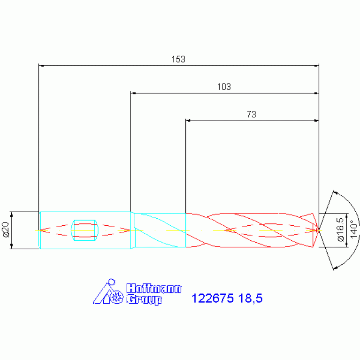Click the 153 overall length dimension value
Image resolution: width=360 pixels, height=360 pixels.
(x=178, y=59)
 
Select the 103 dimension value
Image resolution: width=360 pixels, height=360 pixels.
(x=224, y=87)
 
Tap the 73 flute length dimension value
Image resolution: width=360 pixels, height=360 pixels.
(x=251, y=114)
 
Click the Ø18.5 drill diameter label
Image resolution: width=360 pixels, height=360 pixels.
(x=341, y=230)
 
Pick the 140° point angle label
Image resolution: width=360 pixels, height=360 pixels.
(x=354, y=230)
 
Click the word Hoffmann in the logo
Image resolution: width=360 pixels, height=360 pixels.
(x=154, y=288)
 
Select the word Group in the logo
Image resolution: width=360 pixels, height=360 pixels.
(x=144, y=299)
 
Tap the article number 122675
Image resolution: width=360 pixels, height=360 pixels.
(x=212, y=298)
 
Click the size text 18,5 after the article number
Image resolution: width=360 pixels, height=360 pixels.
(x=250, y=298)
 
